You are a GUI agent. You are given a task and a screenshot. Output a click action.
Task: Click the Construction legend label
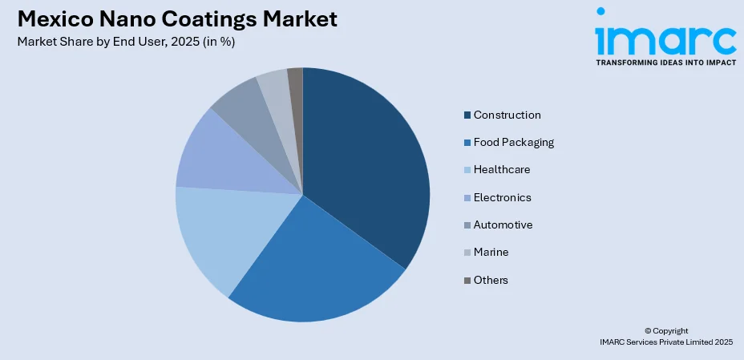[507, 115]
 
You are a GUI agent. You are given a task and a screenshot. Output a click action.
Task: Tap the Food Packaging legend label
[513, 143]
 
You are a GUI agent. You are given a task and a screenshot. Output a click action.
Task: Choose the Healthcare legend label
[502, 170]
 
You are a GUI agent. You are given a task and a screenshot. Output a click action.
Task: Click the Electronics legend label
[502, 197]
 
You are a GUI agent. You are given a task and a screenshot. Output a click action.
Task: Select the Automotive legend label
[503, 224]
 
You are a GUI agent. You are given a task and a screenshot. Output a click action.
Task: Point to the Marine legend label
[491, 252]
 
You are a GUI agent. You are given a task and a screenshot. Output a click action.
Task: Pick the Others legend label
[491, 280]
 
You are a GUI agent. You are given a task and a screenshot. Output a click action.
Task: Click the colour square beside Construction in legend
[467, 115]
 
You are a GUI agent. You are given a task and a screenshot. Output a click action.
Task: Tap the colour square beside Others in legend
[467, 281]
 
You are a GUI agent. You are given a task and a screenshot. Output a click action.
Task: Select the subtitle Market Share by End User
[125, 42]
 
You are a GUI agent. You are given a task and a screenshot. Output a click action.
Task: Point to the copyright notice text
[665, 336]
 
